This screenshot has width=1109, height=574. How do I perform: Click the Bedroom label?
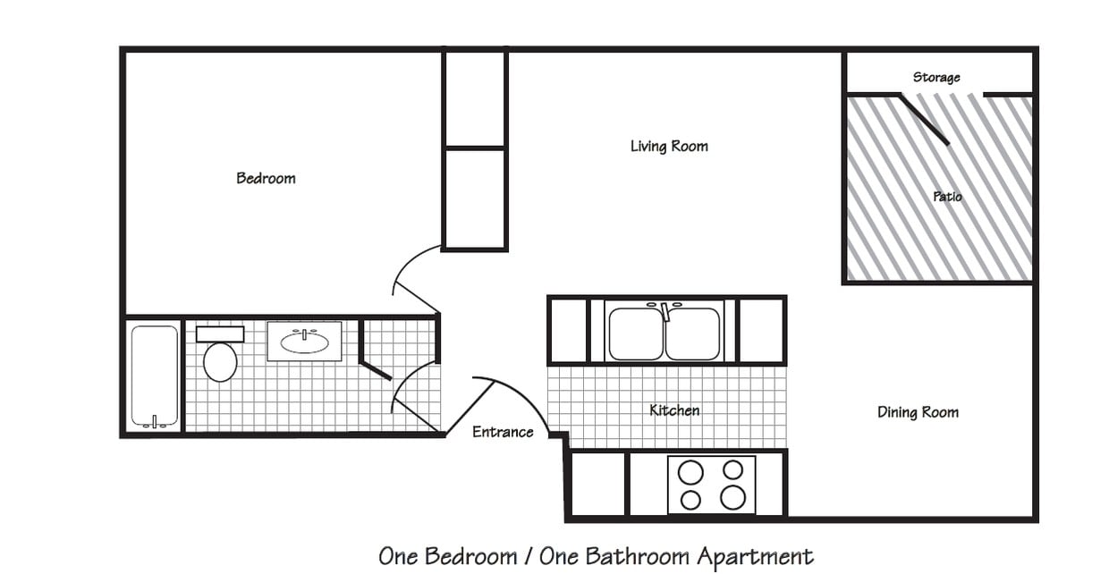pyautogui.click(x=266, y=178)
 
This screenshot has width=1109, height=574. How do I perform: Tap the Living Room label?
pyautogui.click(x=669, y=146)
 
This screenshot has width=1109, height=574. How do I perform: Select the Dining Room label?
pyautogui.click(x=918, y=412)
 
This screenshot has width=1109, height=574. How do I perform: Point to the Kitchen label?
pyautogui.click(x=674, y=410)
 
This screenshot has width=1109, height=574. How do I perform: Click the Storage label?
pyautogui.click(x=936, y=78)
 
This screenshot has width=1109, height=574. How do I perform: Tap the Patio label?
pyautogui.click(x=947, y=196)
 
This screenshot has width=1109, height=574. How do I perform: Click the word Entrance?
pyautogui.click(x=503, y=432)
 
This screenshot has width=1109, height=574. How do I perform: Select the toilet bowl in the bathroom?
pyautogui.click(x=220, y=362)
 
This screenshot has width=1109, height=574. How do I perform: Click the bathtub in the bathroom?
pyautogui.click(x=155, y=376)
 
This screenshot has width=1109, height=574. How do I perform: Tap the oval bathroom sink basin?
pyautogui.click(x=304, y=342)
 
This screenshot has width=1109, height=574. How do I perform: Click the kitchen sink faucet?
pyautogui.click(x=665, y=311)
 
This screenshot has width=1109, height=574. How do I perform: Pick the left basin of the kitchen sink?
pyautogui.click(x=635, y=333)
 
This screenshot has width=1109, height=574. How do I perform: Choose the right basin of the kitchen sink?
pyautogui.click(x=693, y=333)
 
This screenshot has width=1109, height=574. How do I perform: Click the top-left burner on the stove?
pyautogui.click(x=690, y=471)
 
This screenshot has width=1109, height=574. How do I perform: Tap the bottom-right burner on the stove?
pyautogui.click(x=732, y=497)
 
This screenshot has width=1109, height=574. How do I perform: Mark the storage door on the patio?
pyautogui.click(x=924, y=119)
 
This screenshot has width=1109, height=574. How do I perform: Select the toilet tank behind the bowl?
pyautogui.click(x=220, y=334)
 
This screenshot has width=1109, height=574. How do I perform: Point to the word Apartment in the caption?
pyautogui.click(x=756, y=557)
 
